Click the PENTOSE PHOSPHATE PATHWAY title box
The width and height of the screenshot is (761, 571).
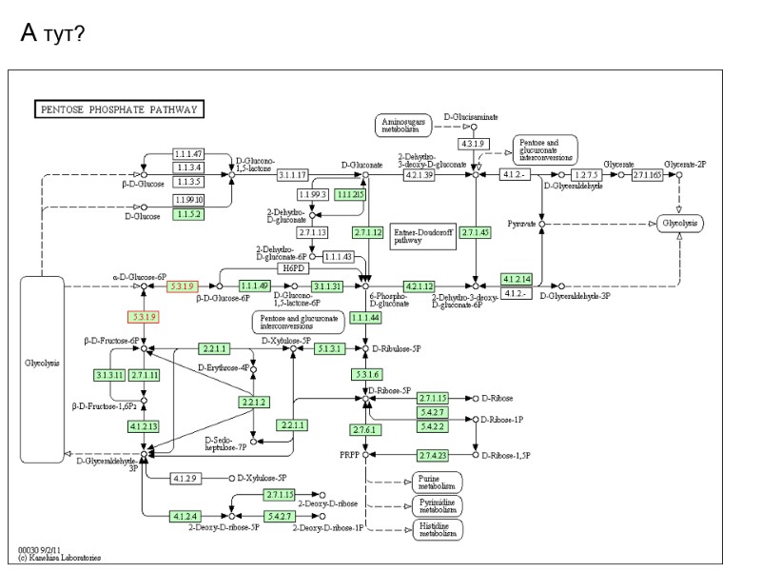click(119, 109)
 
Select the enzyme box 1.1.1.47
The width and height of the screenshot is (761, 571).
click(189, 153)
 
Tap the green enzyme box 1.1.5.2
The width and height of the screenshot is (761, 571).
click(189, 214)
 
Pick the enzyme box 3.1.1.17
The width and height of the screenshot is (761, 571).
click(293, 175)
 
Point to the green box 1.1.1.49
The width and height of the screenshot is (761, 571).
click(254, 285)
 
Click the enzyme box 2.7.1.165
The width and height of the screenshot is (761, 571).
click(647, 175)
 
